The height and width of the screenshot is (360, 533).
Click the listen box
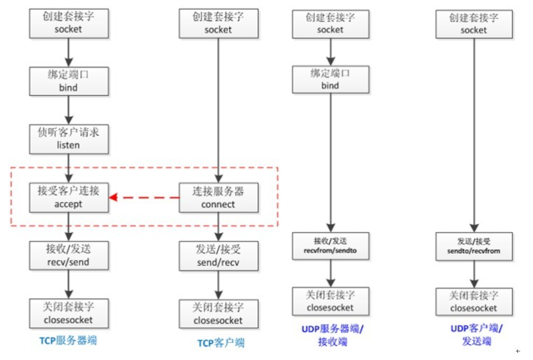point(68,139)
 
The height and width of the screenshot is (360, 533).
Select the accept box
point(68,198)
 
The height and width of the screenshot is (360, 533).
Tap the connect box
point(218,198)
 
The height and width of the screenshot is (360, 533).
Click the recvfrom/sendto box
point(330,246)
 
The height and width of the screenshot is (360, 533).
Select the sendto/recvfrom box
point(474,246)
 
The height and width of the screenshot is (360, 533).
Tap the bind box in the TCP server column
point(68,81)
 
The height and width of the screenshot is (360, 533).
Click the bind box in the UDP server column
point(330,80)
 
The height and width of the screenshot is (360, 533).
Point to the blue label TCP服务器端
point(68,340)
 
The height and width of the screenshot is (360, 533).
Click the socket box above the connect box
point(218,23)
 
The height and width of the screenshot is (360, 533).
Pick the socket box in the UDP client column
point(474,23)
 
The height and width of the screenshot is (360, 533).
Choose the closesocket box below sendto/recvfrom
point(474,302)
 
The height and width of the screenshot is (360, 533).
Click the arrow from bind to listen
point(68,110)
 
